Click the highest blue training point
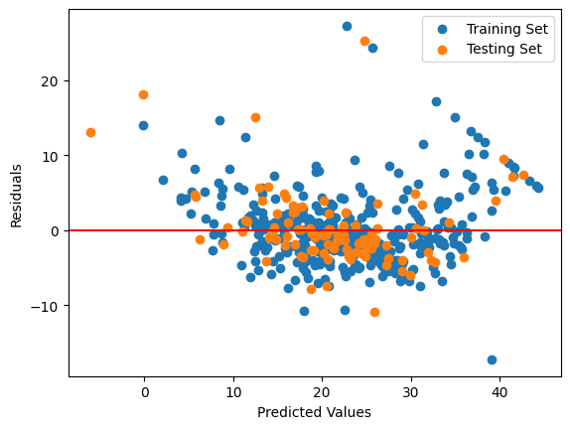coord(347,26)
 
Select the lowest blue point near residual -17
coord(492,359)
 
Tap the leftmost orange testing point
coord(91,133)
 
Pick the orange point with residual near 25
coord(365,42)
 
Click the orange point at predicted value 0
coord(144,95)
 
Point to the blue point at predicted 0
coord(144,126)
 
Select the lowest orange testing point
coord(374,312)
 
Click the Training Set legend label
coord(507,29)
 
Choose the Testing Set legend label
coord(504,49)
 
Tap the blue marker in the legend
coord(443,30)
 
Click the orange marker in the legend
coord(443,50)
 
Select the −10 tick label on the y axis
coord(45,307)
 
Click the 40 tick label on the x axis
coord(499,392)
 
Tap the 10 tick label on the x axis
coord(233,392)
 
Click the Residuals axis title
coord(16,197)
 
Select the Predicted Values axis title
coord(315,412)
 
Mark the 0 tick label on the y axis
coord(55,231)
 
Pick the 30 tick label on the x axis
coord(411,392)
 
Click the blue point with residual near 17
coord(437,102)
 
